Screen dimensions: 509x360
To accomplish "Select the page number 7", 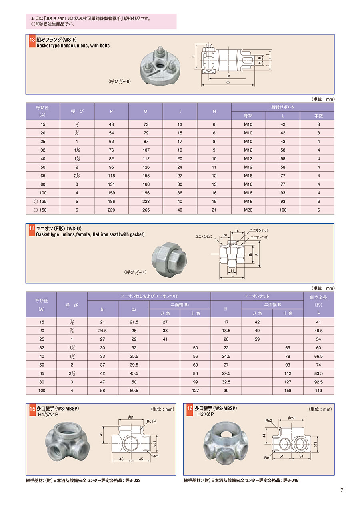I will coord(342,491).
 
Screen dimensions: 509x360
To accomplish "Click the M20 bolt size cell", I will coord(248,210).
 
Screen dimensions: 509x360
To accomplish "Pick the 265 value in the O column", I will coord(146,210).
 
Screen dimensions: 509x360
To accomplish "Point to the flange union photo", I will coord(160,66).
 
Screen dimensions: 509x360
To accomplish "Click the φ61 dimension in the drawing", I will coord(130,417).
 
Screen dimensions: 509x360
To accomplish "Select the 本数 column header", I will coord(318,115).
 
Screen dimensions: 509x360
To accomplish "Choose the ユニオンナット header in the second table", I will coord(257,296).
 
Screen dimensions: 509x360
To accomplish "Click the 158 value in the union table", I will coord(288,390).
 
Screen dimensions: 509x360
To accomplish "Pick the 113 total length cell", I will coord(318,390).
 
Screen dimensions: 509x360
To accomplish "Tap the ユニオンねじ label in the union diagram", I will coord(203,237).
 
